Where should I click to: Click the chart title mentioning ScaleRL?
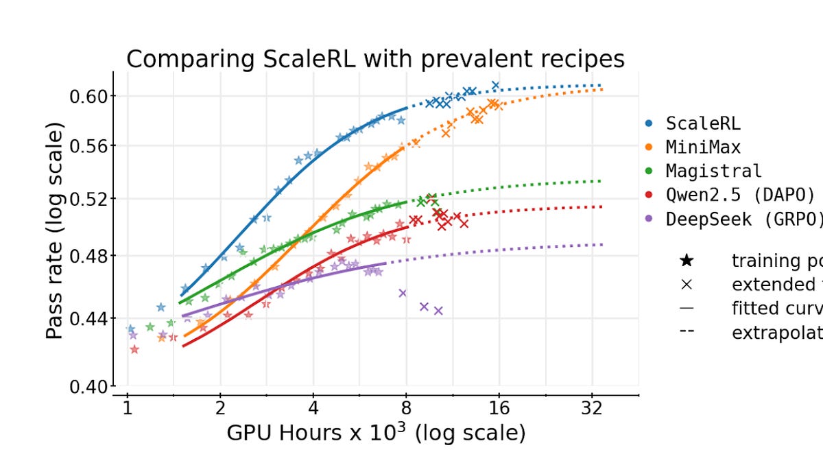[x=375, y=59]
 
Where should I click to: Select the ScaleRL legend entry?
[x=703, y=124]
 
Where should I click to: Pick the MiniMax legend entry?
[x=703, y=147]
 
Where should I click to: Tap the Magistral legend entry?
[x=713, y=171]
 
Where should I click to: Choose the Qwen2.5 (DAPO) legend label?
[x=741, y=195]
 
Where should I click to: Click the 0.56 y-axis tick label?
[x=88, y=146]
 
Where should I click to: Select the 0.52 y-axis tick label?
[x=88, y=199]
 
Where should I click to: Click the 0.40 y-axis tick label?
[x=88, y=387]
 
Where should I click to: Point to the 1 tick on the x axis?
[x=127, y=409]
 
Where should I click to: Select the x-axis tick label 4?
[x=313, y=409]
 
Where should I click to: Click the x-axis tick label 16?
[x=499, y=409]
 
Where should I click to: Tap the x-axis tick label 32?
[x=592, y=409]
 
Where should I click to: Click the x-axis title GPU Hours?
[x=376, y=434]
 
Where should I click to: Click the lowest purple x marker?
[x=438, y=311]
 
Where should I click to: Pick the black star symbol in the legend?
[x=687, y=261]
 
